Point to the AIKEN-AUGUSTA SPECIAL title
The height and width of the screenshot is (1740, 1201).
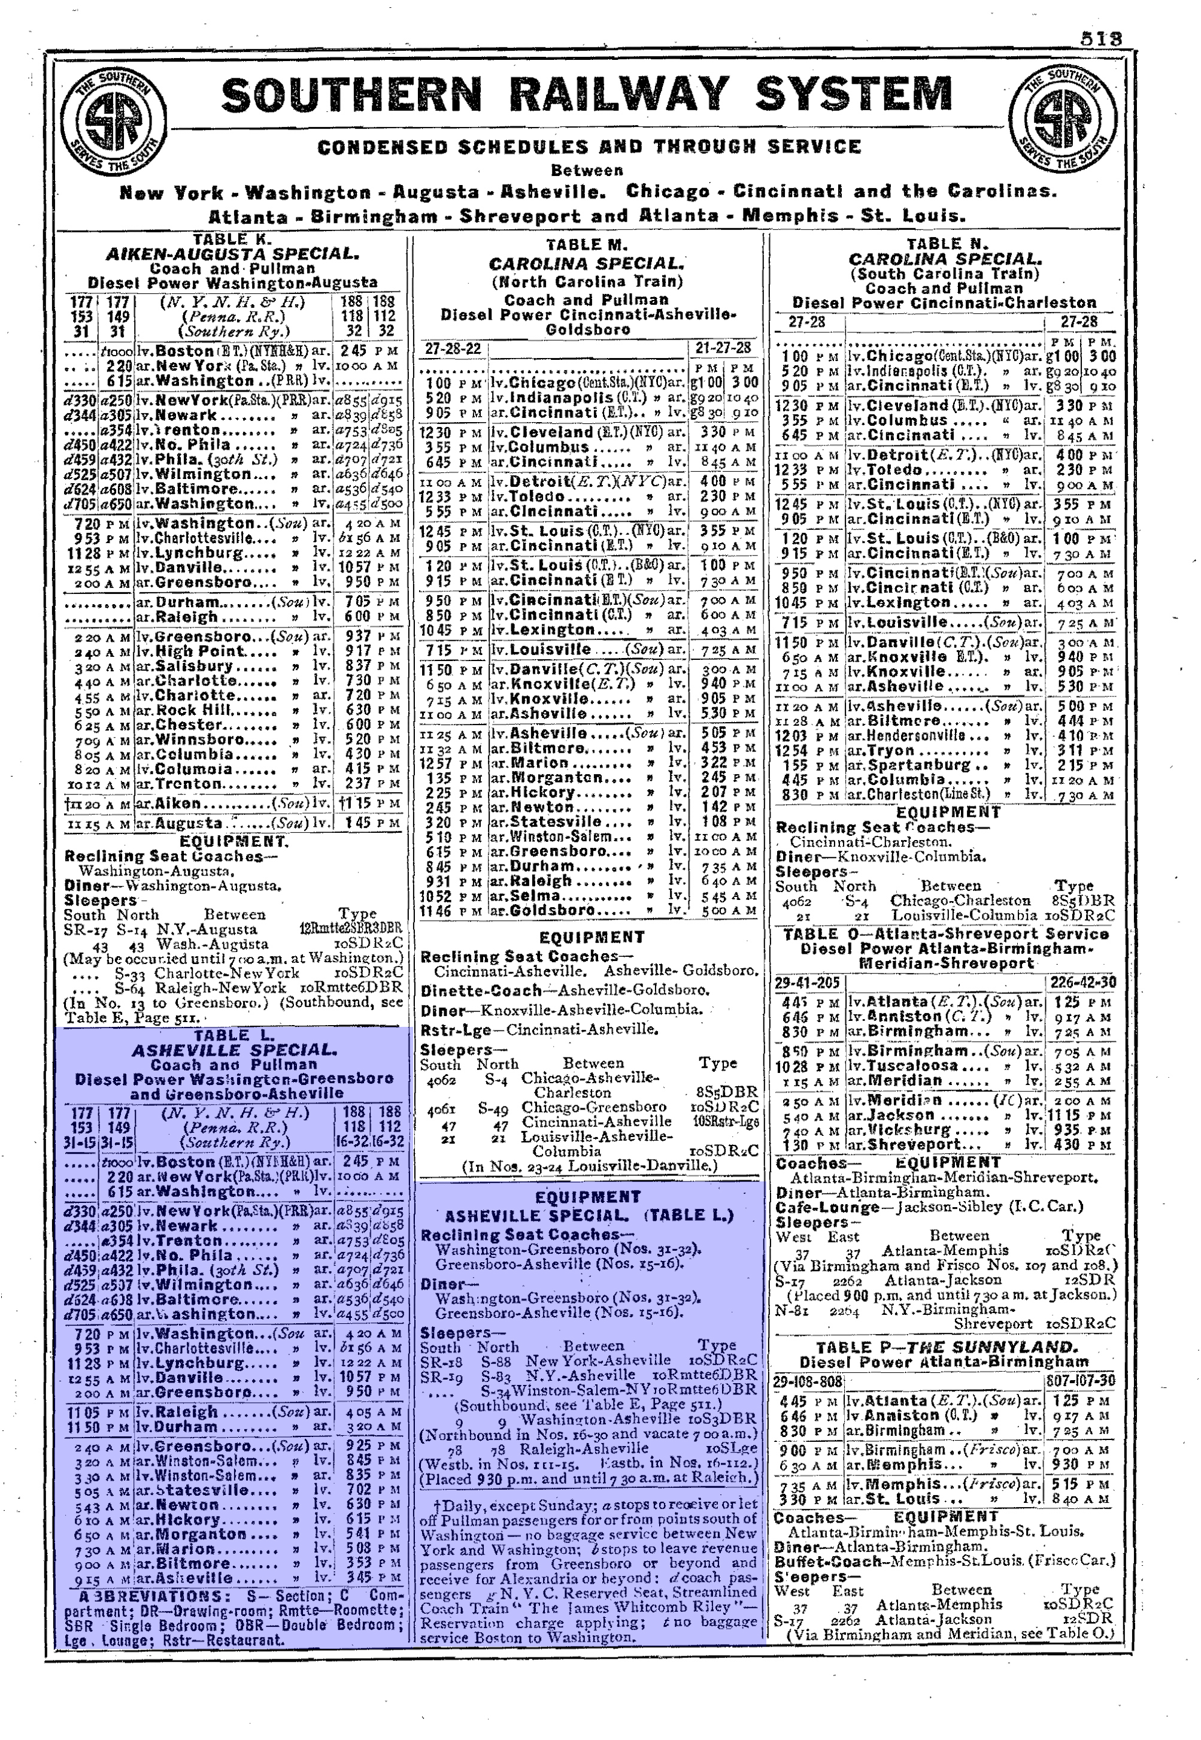pos(232,254)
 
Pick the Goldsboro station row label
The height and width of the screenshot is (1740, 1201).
pos(547,910)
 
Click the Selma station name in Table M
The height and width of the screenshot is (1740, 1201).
pos(535,896)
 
